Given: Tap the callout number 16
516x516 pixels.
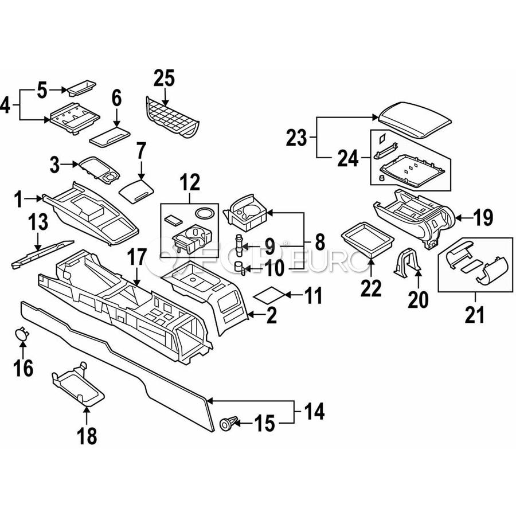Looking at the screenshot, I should click(x=24, y=368).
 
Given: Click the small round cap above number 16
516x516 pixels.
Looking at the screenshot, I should click(x=21, y=333).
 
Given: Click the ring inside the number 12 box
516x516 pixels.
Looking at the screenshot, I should click(x=203, y=213).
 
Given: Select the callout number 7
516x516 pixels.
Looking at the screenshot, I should click(x=141, y=154).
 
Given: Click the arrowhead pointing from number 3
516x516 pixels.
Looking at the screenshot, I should click(x=76, y=165).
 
